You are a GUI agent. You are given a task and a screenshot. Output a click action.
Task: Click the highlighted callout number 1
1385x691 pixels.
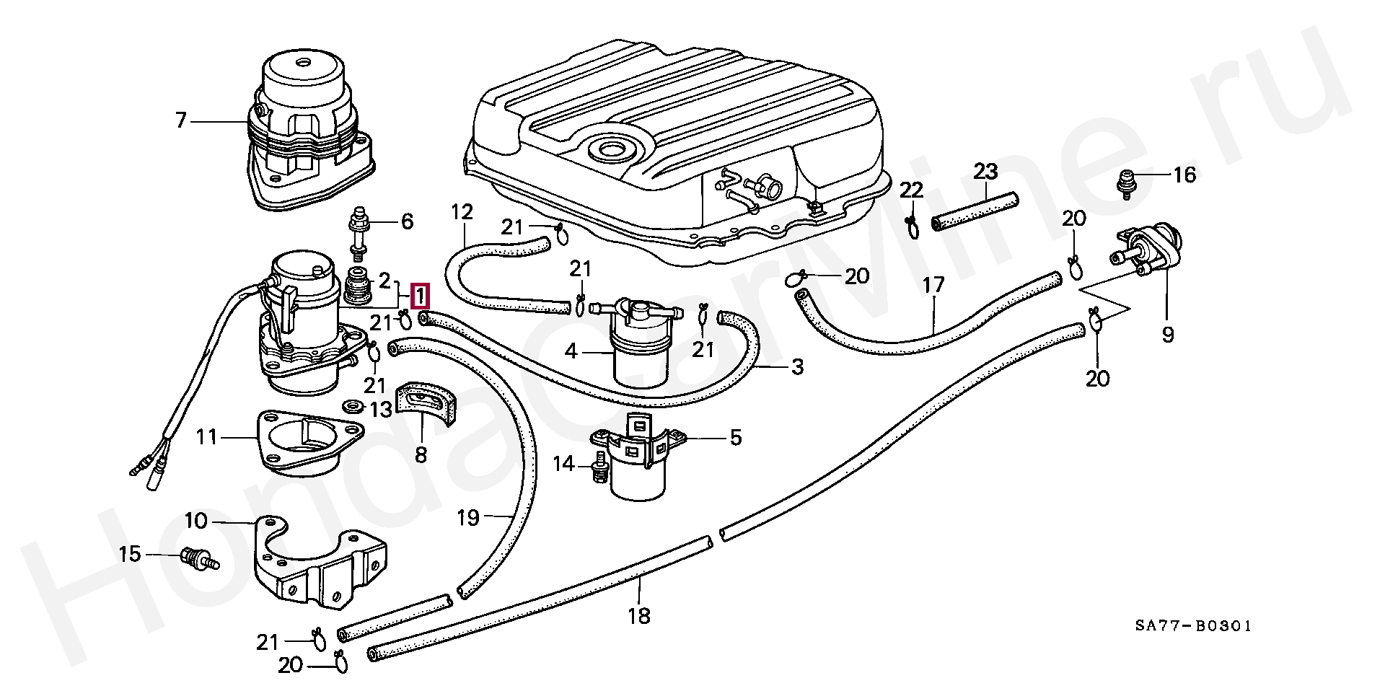[x=419, y=296]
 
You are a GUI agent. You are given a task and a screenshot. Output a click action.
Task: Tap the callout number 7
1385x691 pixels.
[x=180, y=120]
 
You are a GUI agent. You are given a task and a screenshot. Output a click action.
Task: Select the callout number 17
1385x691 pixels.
[x=933, y=286]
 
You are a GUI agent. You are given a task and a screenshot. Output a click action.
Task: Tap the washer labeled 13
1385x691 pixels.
[x=353, y=405]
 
